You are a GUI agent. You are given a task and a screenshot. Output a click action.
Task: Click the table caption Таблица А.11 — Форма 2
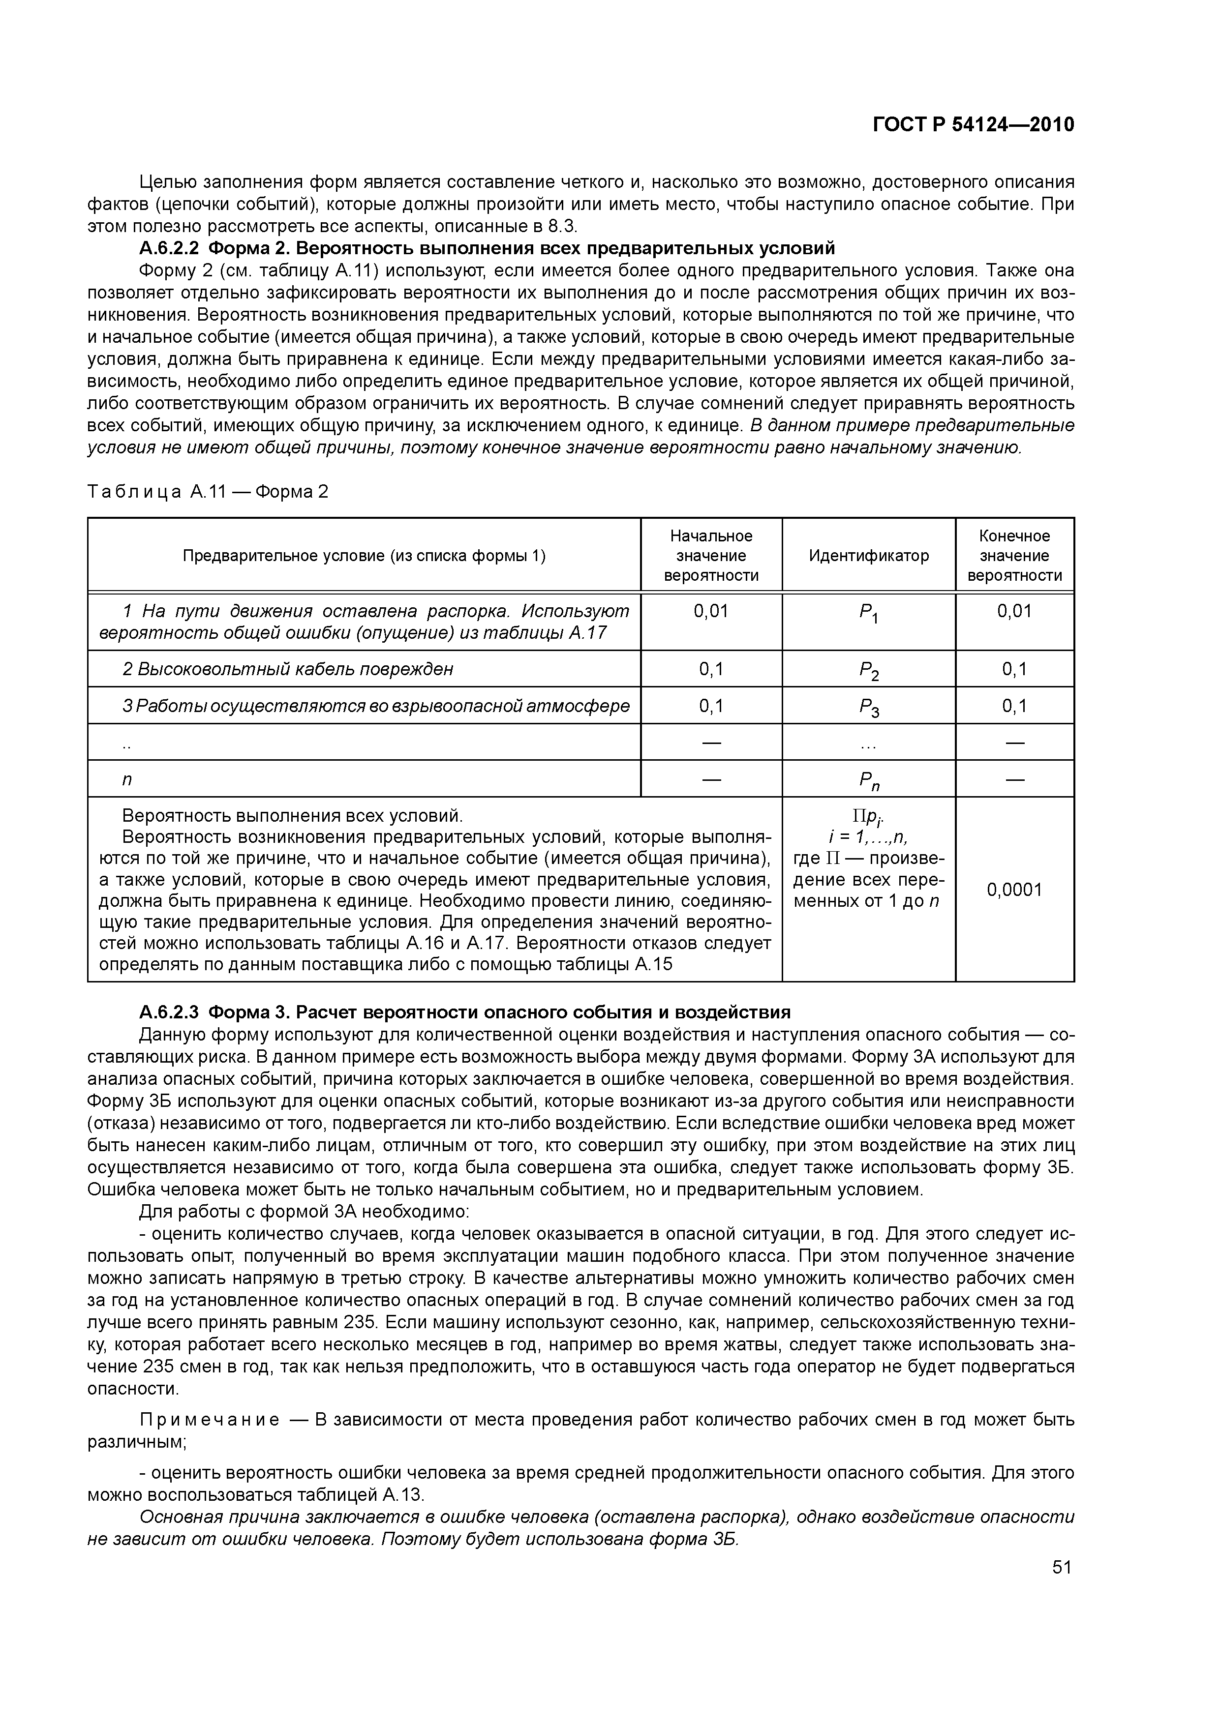pos(208,492)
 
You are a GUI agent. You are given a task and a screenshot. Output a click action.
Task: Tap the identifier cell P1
pos(869,615)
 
